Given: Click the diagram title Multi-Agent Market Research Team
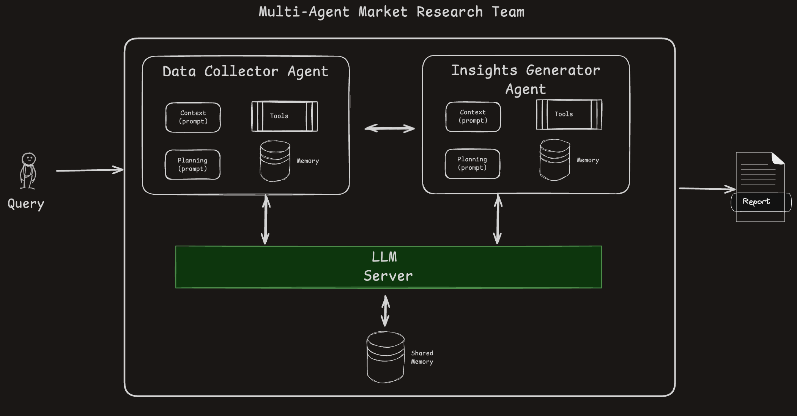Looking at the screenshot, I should (x=391, y=12).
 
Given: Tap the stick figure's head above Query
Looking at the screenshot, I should (x=28, y=159).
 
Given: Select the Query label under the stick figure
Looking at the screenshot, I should (x=26, y=204).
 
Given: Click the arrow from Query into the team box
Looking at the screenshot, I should (x=90, y=170).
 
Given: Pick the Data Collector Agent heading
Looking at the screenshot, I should (x=245, y=72).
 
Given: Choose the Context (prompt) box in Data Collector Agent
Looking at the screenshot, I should (x=193, y=117).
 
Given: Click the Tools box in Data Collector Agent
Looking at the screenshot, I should (x=284, y=116).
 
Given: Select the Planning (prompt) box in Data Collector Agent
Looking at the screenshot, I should (x=192, y=165).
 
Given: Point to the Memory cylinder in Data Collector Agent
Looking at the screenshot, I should (x=275, y=161).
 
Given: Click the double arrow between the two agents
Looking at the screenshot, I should (x=389, y=128).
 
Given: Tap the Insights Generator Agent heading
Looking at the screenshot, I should (x=526, y=79).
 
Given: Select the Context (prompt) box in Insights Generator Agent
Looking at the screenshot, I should (x=473, y=117).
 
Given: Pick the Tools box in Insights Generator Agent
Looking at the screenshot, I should (x=569, y=114).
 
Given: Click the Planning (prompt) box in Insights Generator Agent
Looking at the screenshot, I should (x=472, y=164).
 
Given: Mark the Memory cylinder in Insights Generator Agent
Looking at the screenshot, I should (x=554, y=160).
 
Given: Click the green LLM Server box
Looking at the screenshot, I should (x=388, y=267).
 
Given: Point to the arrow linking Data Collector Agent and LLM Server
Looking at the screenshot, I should (x=266, y=220).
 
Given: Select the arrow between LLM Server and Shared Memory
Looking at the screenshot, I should (x=385, y=311).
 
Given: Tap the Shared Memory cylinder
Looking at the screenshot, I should (x=385, y=357).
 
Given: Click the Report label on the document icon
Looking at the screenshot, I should (x=756, y=202).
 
